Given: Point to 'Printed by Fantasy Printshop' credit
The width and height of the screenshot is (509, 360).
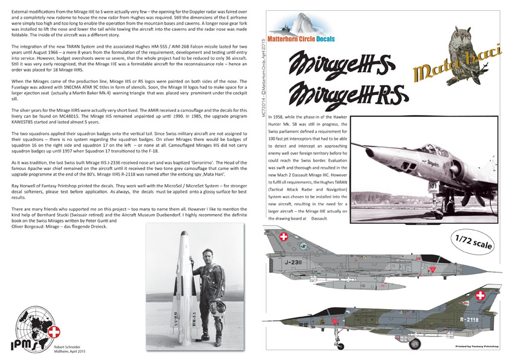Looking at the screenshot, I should tap(475, 348).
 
